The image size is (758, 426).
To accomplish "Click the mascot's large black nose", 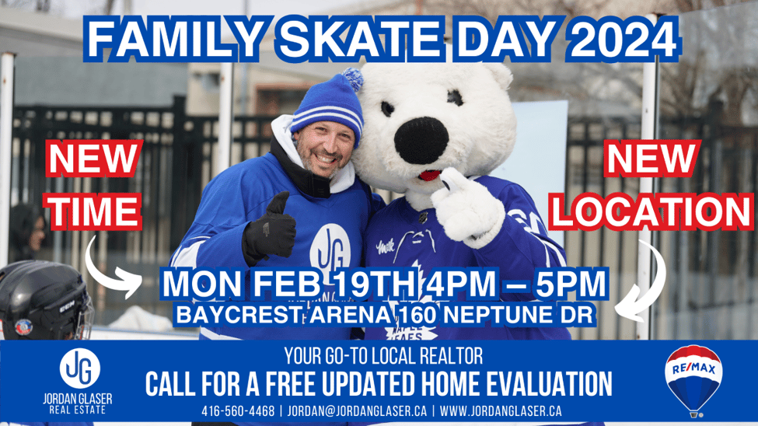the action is (421, 140).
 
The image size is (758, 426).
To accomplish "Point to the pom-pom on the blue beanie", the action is (352, 79).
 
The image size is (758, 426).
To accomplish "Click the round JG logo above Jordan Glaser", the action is (80, 368).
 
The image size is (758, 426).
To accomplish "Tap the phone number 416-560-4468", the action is (238, 411).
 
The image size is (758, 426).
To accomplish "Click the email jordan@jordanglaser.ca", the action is (358, 411).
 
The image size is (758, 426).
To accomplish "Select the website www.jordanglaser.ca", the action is (501, 411).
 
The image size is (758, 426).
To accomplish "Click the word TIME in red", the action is (95, 211).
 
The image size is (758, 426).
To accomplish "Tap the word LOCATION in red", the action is (652, 211).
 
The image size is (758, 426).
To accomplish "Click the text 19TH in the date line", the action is (376, 284).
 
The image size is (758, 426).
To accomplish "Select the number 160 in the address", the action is (418, 316).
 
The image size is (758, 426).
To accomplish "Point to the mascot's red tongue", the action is (429, 175).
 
